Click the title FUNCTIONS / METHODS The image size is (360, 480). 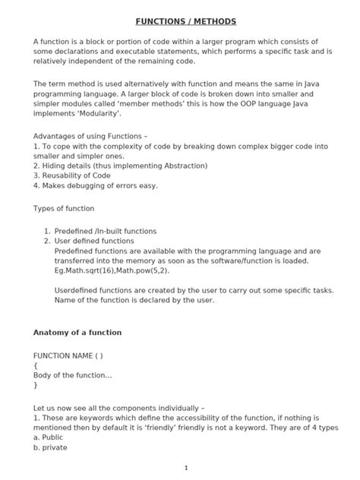coord(180,21)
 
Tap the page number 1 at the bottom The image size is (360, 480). coord(185,467)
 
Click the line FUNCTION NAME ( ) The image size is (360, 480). coord(68,355)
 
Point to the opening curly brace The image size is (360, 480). coord(36,365)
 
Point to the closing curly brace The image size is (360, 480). coord(36,385)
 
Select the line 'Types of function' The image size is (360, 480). coord(65,208)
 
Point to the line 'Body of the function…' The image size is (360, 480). coord(73,375)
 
